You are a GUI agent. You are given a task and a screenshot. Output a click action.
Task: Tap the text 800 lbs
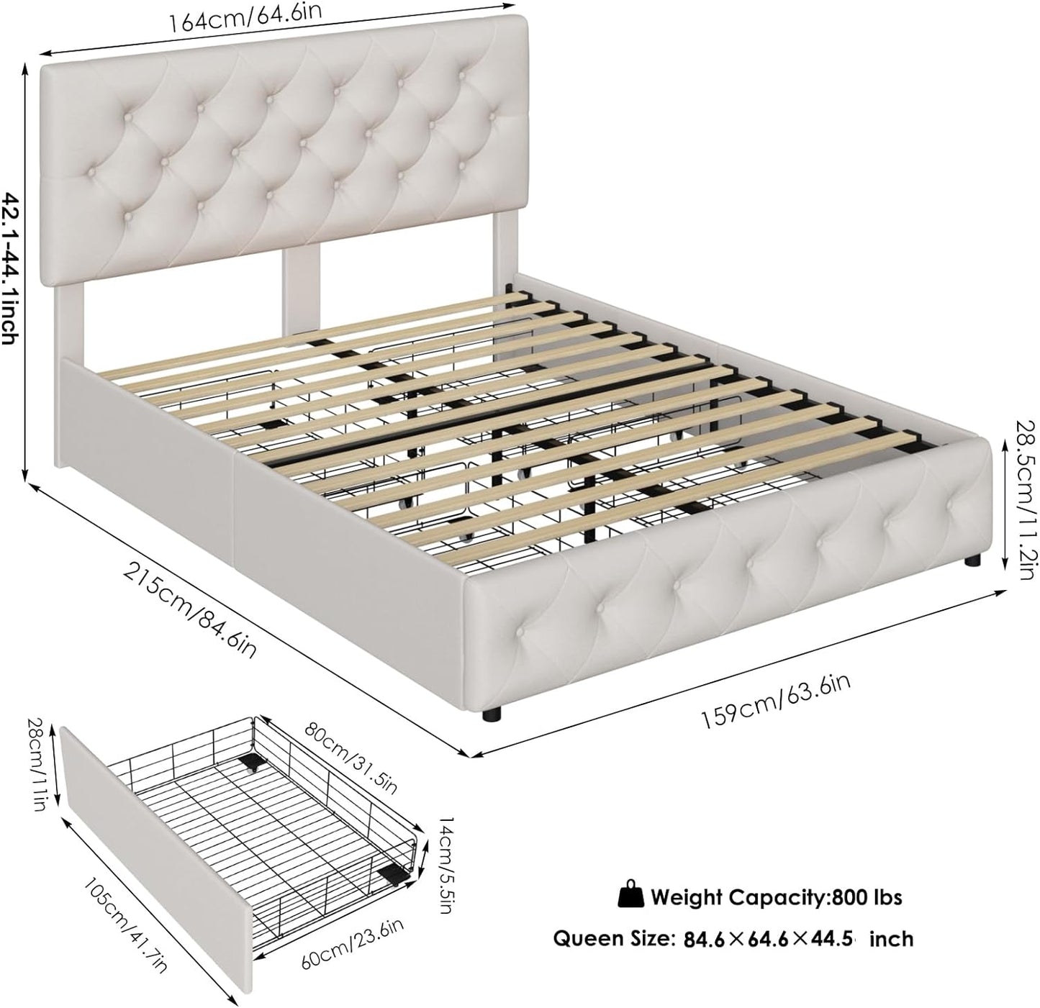point(867,897)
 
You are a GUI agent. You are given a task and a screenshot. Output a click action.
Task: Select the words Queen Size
point(609,938)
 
